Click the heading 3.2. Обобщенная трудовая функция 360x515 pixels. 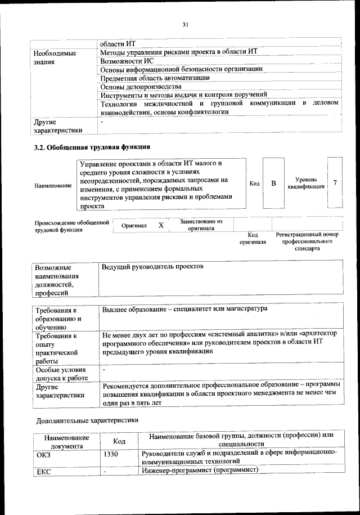click(93, 147)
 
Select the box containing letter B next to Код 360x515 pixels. click(273, 184)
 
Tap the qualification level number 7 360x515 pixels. click(335, 183)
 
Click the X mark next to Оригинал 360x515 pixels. click(161, 225)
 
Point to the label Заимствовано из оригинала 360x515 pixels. click(201, 225)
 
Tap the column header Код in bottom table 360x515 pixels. click(119, 441)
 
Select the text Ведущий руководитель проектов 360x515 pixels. click(152, 266)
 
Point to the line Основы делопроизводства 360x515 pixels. click(141, 87)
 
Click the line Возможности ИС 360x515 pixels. click(127, 60)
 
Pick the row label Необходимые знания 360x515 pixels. click(55, 57)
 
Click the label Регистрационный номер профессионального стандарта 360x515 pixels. click(307, 241)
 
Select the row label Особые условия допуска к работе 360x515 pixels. click(61, 374)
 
